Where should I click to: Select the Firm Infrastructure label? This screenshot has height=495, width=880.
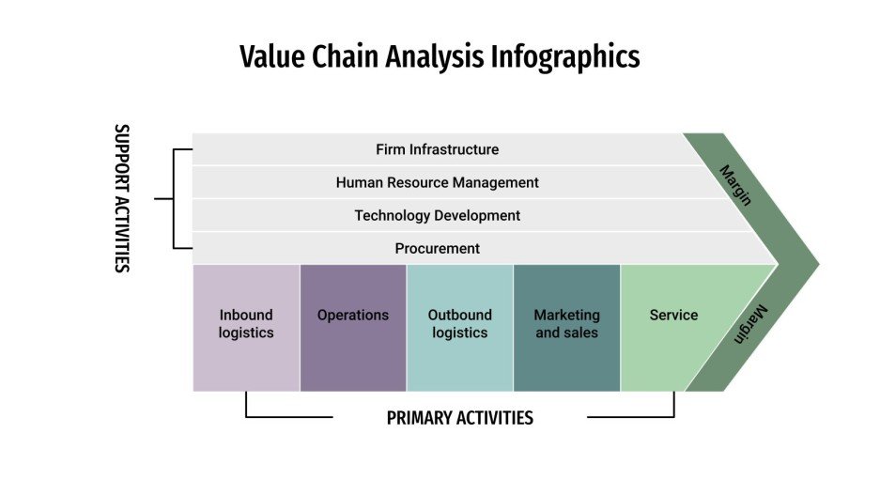pos(437,149)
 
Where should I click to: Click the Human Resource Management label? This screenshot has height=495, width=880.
pos(437,182)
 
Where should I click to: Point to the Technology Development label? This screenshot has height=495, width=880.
pos(437,215)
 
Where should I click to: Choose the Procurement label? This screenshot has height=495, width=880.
pos(437,248)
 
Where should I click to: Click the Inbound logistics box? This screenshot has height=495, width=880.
pos(246,324)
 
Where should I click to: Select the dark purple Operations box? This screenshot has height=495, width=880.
pos(353,324)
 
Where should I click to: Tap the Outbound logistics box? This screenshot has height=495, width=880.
pos(459,324)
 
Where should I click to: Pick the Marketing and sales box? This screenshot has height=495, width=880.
pos(566,324)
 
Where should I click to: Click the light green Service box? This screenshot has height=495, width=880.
pos(672,324)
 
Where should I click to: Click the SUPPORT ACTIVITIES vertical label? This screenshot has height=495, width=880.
pos(121,198)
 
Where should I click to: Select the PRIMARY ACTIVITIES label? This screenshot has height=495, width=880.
pos(459,418)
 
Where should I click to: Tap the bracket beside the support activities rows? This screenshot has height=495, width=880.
pos(174,199)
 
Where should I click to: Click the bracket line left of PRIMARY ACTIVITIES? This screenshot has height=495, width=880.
pos(282,417)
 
